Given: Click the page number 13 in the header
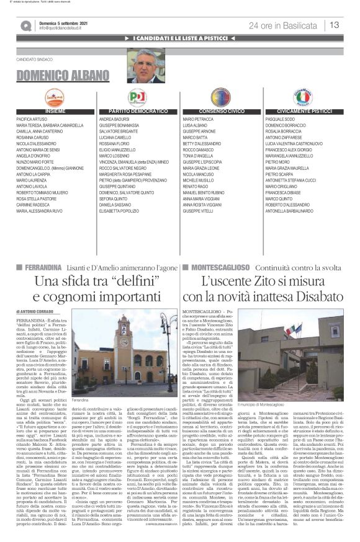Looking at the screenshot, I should coord(334,24).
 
